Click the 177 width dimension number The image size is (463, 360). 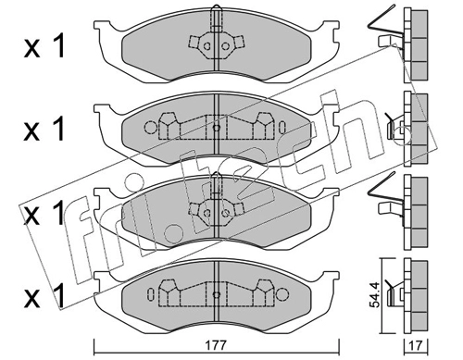click(217, 345)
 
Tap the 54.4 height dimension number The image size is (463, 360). click(374, 295)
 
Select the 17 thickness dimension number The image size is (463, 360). click(417, 346)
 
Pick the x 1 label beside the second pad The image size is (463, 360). click(44, 129)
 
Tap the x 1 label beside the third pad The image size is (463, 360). click(44, 212)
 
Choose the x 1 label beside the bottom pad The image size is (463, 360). click(44, 295)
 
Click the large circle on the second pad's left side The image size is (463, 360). click(151, 127)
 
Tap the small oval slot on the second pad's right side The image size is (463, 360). click(282, 127)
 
